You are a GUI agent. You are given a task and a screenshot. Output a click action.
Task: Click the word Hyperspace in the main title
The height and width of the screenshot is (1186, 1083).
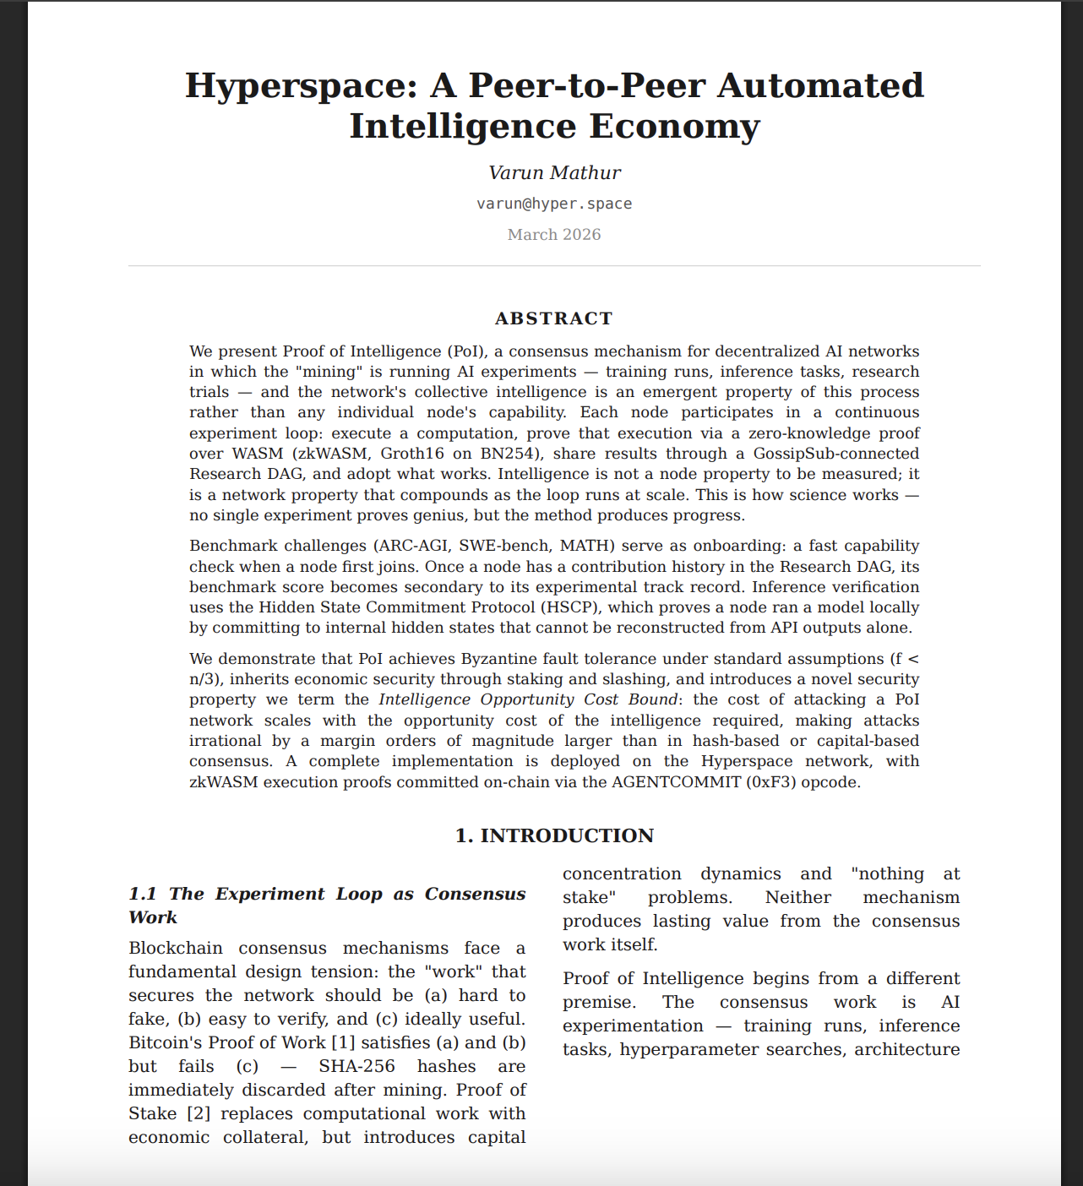tap(300, 86)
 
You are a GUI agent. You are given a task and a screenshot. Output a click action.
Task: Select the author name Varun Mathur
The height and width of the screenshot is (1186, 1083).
tap(554, 173)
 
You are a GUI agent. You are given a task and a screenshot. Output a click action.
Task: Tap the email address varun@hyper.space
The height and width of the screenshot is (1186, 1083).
tap(554, 204)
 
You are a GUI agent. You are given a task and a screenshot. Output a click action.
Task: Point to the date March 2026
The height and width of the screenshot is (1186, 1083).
tap(554, 235)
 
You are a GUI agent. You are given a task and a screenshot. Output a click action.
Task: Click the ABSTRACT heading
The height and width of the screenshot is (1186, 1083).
tap(554, 318)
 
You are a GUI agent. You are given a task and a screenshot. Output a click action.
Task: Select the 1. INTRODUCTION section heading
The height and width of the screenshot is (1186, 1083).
tap(554, 836)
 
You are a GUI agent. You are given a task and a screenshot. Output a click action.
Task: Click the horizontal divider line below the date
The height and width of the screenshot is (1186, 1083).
tap(554, 266)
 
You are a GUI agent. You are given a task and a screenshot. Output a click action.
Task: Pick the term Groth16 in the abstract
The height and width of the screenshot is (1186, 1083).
tap(412, 454)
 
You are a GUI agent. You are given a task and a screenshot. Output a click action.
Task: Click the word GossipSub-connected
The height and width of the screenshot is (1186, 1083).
tap(835, 454)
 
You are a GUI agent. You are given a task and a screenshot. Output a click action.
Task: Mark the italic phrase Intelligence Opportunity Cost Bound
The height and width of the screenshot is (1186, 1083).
tap(528, 699)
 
